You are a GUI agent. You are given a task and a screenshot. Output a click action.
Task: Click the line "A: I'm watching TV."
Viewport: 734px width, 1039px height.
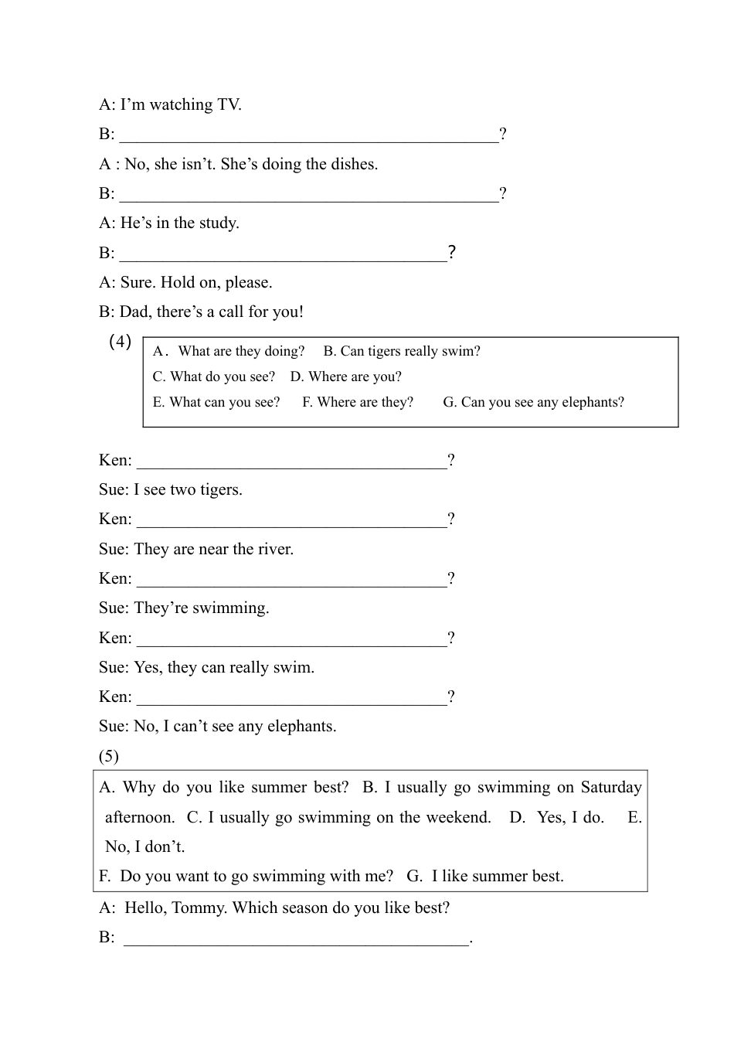point(170,104)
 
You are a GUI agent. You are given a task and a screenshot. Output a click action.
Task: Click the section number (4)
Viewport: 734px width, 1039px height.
point(120,342)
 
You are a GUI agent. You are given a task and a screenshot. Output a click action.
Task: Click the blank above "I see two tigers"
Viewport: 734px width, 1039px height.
point(291,461)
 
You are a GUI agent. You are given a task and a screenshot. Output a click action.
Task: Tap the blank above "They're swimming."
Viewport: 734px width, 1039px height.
point(291,579)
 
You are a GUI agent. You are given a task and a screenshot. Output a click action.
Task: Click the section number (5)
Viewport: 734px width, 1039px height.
point(109,756)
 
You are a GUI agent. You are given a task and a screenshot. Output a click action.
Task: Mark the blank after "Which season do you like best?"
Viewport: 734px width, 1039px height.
point(296,938)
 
